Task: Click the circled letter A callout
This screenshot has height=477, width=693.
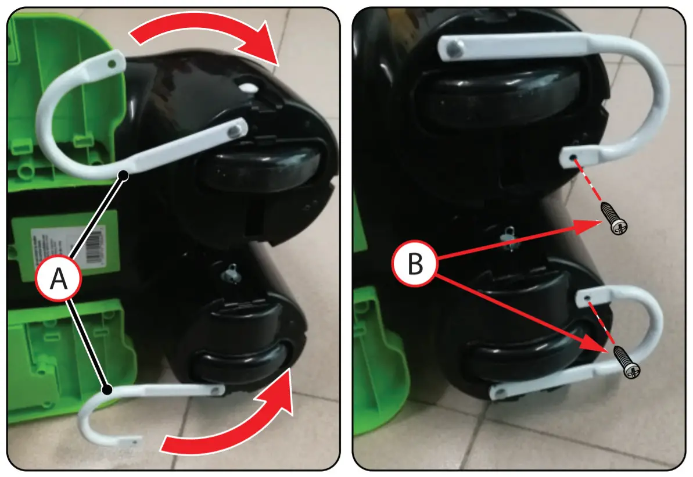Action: [58, 279]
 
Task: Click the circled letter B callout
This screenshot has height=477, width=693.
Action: [415, 265]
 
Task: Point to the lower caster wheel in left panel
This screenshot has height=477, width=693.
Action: [238, 367]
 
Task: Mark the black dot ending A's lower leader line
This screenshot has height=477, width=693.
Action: [106, 389]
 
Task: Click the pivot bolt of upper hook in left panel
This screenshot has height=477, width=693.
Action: [236, 128]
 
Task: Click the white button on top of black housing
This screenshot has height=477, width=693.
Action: [248, 88]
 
